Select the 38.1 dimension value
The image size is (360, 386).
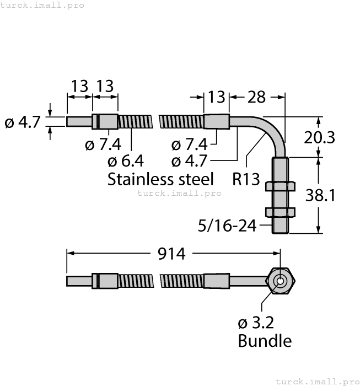[x=321, y=195]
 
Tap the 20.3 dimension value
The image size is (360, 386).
[x=320, y=137]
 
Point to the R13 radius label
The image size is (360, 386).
[x=246, y=179]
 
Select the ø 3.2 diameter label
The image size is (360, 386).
[x=255, y=323]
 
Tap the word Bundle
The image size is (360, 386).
[x=264, y=341]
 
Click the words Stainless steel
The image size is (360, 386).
[x=160, y=179]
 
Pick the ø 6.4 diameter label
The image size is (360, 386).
[x=126, y=161]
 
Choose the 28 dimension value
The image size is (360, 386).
[x=256, y=97]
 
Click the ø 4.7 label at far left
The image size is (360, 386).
[x=23, y=122]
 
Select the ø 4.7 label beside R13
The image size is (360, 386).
[x=189, y=161]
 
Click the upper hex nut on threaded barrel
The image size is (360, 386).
[x=281, y=186]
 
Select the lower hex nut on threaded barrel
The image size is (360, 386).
[x=281, y=212]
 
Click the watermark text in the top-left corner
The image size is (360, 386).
[x=42, y=5]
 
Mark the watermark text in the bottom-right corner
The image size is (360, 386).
[x=316, y=381]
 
